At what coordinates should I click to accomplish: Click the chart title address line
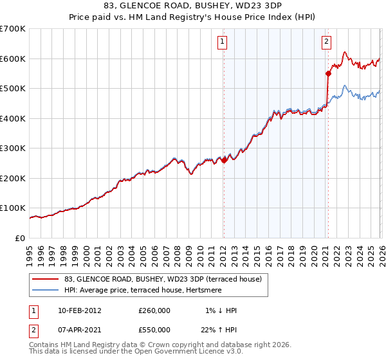click(193, 7)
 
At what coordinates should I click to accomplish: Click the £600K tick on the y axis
click(13, 59)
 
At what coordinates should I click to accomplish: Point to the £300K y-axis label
click(13, 148)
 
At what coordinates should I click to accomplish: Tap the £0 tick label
click(21, 239)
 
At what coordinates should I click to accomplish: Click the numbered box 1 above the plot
click(223, 42)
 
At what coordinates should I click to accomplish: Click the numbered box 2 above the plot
click(326, 42)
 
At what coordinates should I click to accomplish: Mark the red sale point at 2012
click(224, 161)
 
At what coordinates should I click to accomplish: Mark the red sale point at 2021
click(328, 73)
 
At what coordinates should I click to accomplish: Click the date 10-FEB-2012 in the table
click(79, 310)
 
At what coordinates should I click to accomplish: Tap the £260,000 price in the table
click(154, 310)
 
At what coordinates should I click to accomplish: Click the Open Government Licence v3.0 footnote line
click(135, 353)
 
